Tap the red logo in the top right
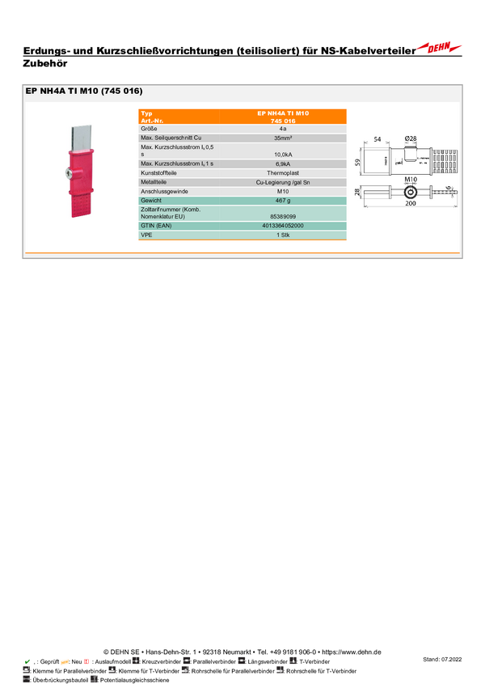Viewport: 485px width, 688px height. click(x=441, y=47)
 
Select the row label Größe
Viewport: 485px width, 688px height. click(x=149, y=129)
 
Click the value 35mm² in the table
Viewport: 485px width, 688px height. click(x=283, y=138)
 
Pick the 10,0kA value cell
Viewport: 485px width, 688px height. click(x=283, y=154)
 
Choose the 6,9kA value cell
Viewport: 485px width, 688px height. click(x=283, y=164)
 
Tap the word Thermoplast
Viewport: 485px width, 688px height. click(x=283, y=173)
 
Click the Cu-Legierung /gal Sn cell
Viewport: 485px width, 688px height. click(x=283, y=182)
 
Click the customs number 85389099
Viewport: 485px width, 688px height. click(x=283, y=217)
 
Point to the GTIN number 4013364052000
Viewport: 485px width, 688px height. click(x=283, y=226)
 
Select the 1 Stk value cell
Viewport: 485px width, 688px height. click(x=283, y=235)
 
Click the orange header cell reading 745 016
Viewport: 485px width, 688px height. click(x=283, y=120)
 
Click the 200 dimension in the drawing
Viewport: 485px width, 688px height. click(x=411, y=205)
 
